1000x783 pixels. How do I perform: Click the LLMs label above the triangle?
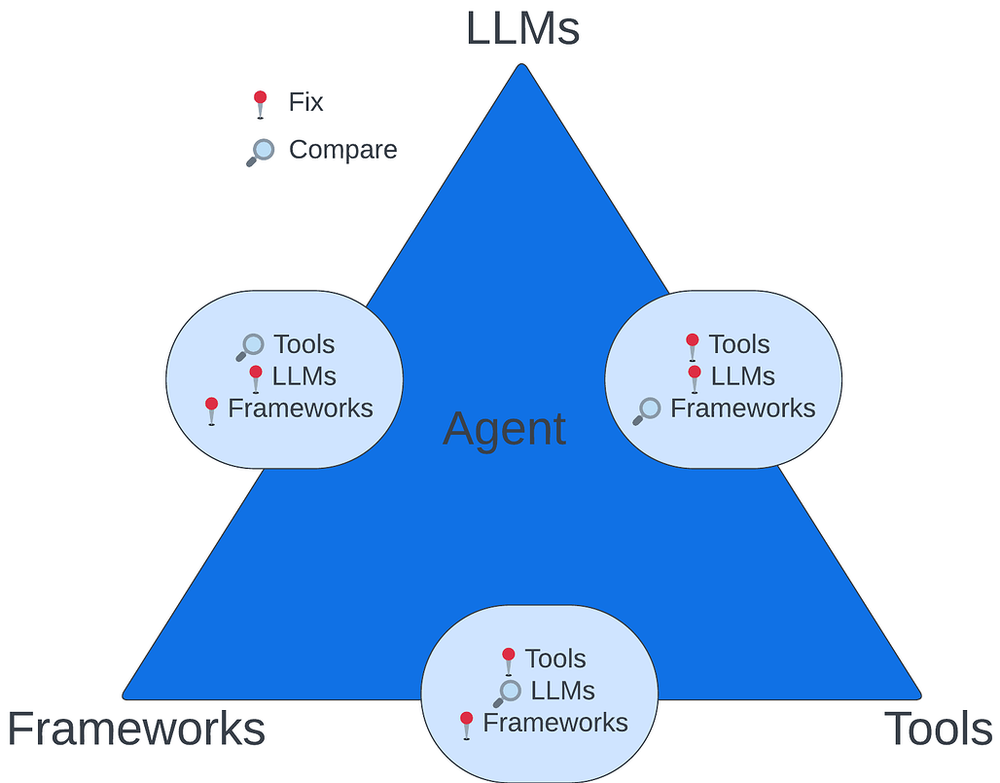pos(522,28)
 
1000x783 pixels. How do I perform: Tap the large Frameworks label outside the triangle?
pos(136,729)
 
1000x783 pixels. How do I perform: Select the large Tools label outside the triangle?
pos(938,729)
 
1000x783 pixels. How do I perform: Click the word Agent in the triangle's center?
pos(504,429)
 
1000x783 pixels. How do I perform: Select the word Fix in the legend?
pos(305,101)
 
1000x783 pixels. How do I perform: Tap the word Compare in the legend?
pos(342,150)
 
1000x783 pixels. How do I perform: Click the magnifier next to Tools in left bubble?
pos(250,346)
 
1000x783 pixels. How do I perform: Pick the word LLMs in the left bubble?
pos(304,376)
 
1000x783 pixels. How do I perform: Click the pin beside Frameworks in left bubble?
pos(211,410)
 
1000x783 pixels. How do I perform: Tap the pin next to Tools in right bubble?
pos(692,346)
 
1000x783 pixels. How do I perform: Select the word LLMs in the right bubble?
pos(742,376)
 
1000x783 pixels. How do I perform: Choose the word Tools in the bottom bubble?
pos(555,658)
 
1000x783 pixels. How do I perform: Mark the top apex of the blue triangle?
pos(522,65)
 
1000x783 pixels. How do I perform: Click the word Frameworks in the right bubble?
pos(742,409)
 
